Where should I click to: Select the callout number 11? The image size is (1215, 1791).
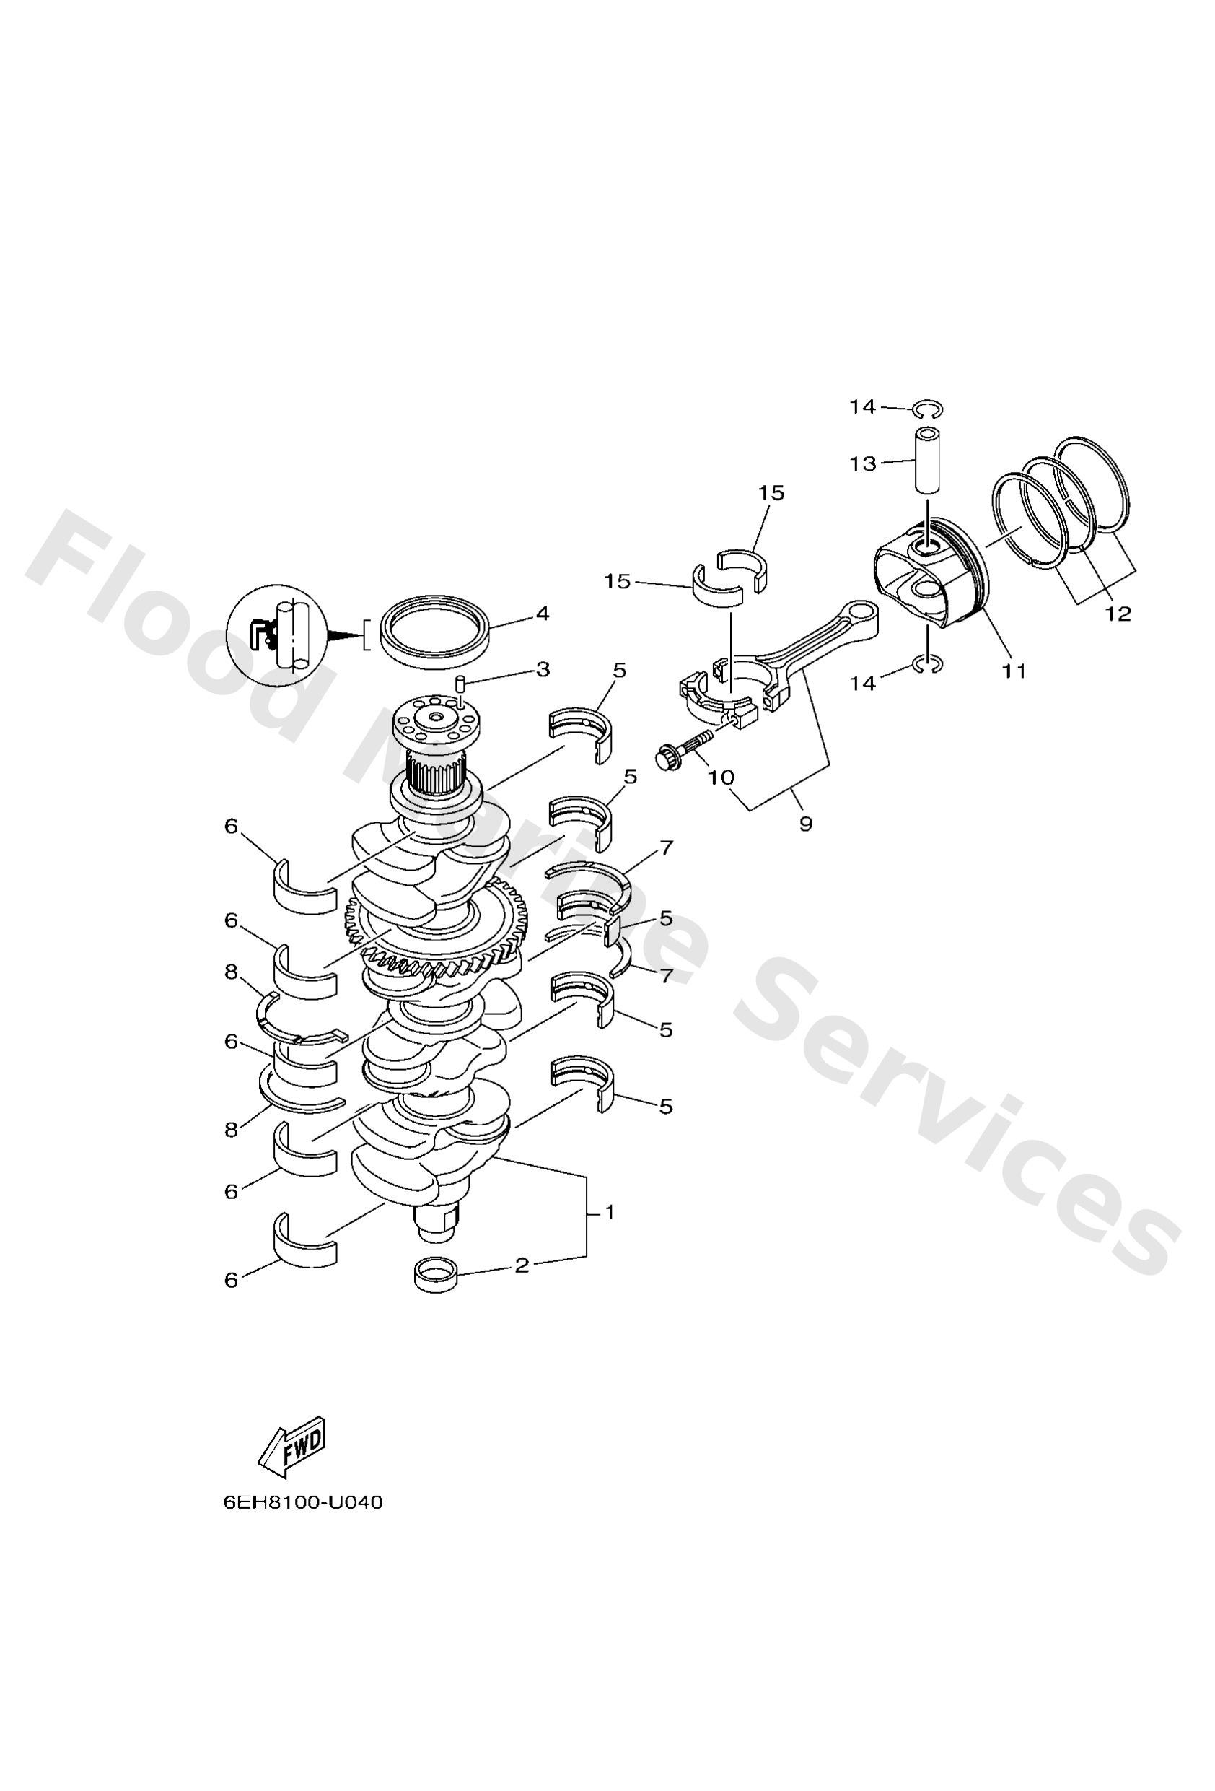point(1014,671)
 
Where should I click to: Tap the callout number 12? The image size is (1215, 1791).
point(1117,614)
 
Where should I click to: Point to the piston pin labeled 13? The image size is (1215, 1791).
point(929,461)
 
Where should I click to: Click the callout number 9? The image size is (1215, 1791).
point(805,824)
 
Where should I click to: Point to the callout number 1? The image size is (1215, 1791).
point(609,1212)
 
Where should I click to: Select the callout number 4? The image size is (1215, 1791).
point(543,614)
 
